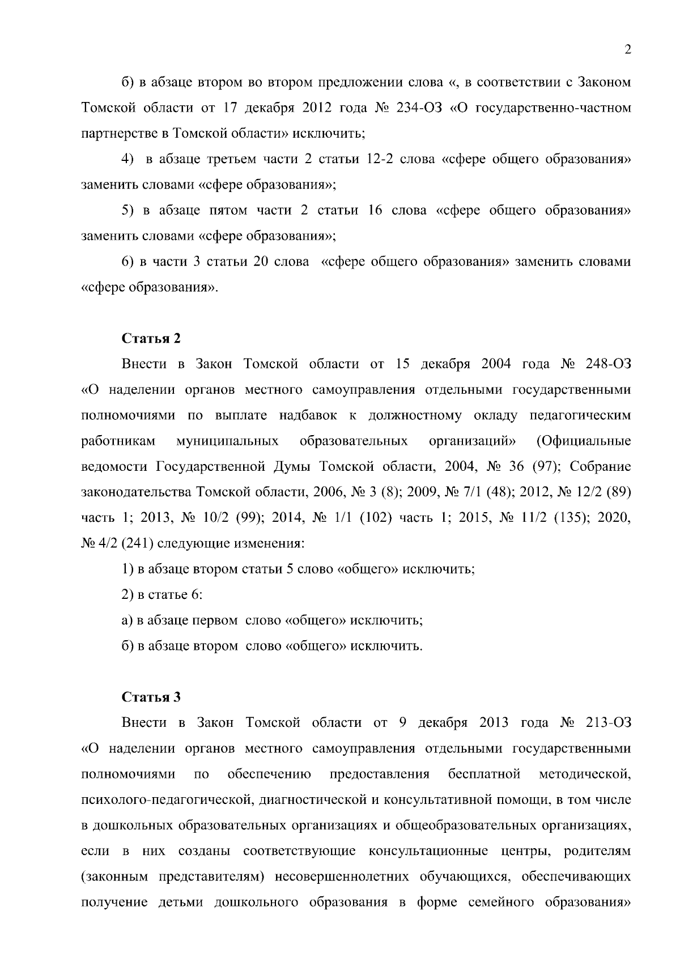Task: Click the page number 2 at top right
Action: tap(627, 50)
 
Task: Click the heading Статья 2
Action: tap(151, 338)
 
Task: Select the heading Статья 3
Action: tap(151, 697)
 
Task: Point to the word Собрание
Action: tap(600, 466)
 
